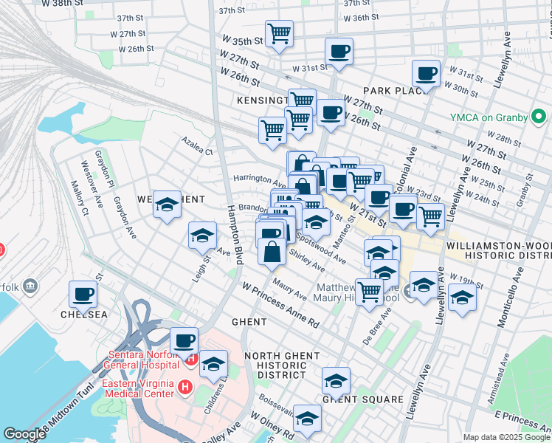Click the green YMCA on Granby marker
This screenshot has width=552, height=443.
[x=539, y=117]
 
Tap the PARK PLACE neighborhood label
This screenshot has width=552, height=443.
[x=396, y=91]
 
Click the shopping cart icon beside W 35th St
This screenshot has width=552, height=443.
[x=279, y=33]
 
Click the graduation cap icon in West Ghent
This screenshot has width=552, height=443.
[x=167, y=205]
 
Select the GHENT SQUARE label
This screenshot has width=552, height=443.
[x=362, y=399]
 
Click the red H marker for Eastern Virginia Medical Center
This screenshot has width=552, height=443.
[x=184, y=386]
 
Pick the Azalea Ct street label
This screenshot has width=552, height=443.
[x=198, y=151]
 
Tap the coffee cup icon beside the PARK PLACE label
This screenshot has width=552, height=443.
[x=426, y=74]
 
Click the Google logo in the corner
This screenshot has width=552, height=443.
[x=24, y=434]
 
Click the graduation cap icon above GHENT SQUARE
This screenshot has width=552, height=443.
[x=336, y=380]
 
